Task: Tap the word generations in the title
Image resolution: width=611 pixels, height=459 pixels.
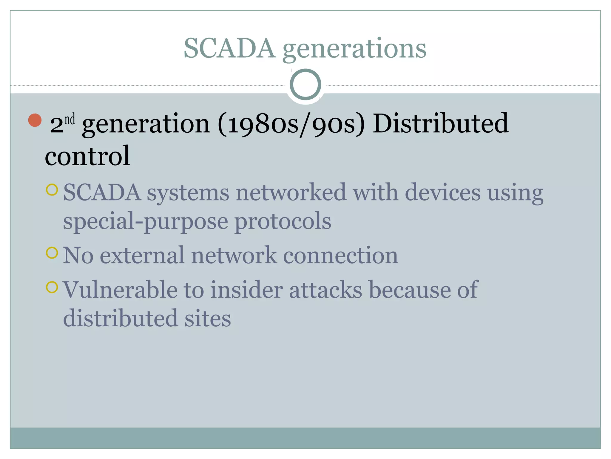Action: tap(354, 49)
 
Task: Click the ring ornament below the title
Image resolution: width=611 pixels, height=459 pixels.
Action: tap(305, 85)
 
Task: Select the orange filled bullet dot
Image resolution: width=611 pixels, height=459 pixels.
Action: tap(35, 120)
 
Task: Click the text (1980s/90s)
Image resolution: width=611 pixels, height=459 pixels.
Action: tap(291, 124)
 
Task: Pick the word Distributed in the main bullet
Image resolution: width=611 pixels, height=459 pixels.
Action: tap(441, 123)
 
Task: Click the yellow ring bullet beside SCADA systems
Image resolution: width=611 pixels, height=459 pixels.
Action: tap(52, 190)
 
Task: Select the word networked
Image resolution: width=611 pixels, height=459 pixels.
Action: tap(291, 192)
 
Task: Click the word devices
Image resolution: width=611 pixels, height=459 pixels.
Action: tap(443, 192)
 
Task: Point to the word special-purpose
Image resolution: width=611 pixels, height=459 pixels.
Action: tap(146, 222)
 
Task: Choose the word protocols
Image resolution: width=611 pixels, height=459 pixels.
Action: tap(283, 221)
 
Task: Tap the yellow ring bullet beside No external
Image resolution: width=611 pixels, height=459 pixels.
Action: tap(52, 253)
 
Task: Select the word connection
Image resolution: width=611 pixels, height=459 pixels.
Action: tap(340, 255)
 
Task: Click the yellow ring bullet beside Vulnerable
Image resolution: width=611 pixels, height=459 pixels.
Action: tap(52, 287)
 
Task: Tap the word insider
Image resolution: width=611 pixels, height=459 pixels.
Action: tap(246, 290)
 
